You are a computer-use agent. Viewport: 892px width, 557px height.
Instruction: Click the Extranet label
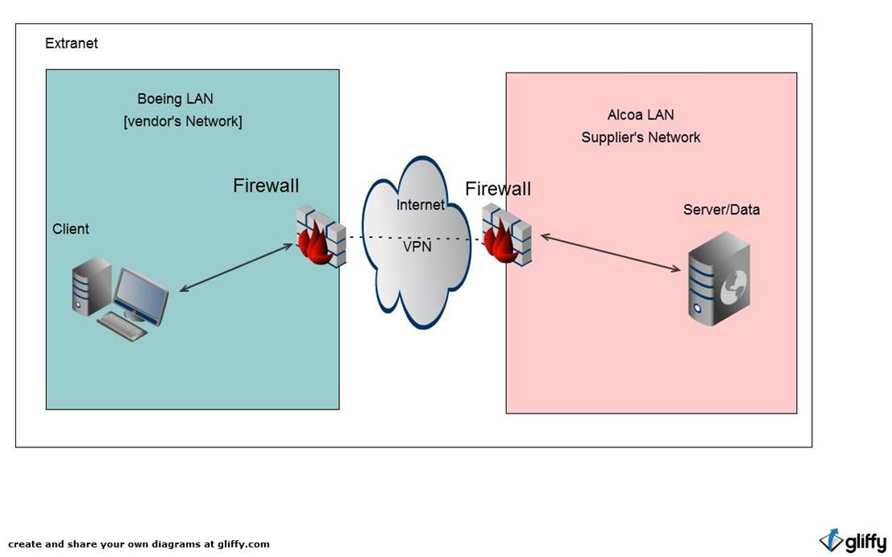[71, 44]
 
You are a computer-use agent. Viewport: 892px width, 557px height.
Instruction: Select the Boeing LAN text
[175, 99]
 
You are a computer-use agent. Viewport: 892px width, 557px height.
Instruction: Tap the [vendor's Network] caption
[182, 122]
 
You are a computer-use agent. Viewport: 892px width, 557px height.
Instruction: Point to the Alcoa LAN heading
[641, 115]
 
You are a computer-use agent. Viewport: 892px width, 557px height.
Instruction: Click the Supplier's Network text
[641, 138]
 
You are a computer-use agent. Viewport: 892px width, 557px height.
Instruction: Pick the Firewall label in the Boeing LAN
[266, 186]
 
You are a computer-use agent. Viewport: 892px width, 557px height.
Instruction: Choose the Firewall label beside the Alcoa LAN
[498, 189]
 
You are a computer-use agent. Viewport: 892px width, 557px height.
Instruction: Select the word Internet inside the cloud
[420, 206]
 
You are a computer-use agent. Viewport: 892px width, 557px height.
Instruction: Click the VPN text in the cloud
[417, 247]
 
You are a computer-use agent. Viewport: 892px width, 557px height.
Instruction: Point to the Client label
[71, 229]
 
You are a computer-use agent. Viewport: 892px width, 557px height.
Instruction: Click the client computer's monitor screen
[143, 293]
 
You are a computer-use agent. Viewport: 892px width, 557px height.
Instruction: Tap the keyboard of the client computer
[122, 326]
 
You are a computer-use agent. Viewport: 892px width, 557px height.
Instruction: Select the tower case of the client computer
[90, 285]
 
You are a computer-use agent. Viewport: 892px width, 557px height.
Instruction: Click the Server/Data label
[721, 210]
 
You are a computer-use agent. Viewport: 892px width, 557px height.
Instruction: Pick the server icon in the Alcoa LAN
[719, 278]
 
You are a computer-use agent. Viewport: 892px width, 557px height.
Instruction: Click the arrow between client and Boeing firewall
[235, 267]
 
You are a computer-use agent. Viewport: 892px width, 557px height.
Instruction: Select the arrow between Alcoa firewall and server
[610, 253]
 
